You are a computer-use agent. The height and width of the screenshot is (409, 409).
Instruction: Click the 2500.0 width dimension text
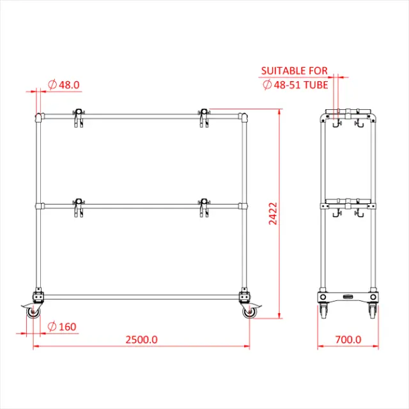tap(141, 339)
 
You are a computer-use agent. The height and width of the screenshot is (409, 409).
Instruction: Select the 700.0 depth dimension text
tap(348, 339)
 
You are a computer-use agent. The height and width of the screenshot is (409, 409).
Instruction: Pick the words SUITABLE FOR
tap(295, 70)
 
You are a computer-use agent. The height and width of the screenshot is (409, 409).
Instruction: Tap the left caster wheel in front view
tap(32, 313)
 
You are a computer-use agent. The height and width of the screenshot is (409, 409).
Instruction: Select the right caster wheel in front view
tap(249, 313)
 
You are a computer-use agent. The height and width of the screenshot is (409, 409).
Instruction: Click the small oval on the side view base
tap(348, 297)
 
